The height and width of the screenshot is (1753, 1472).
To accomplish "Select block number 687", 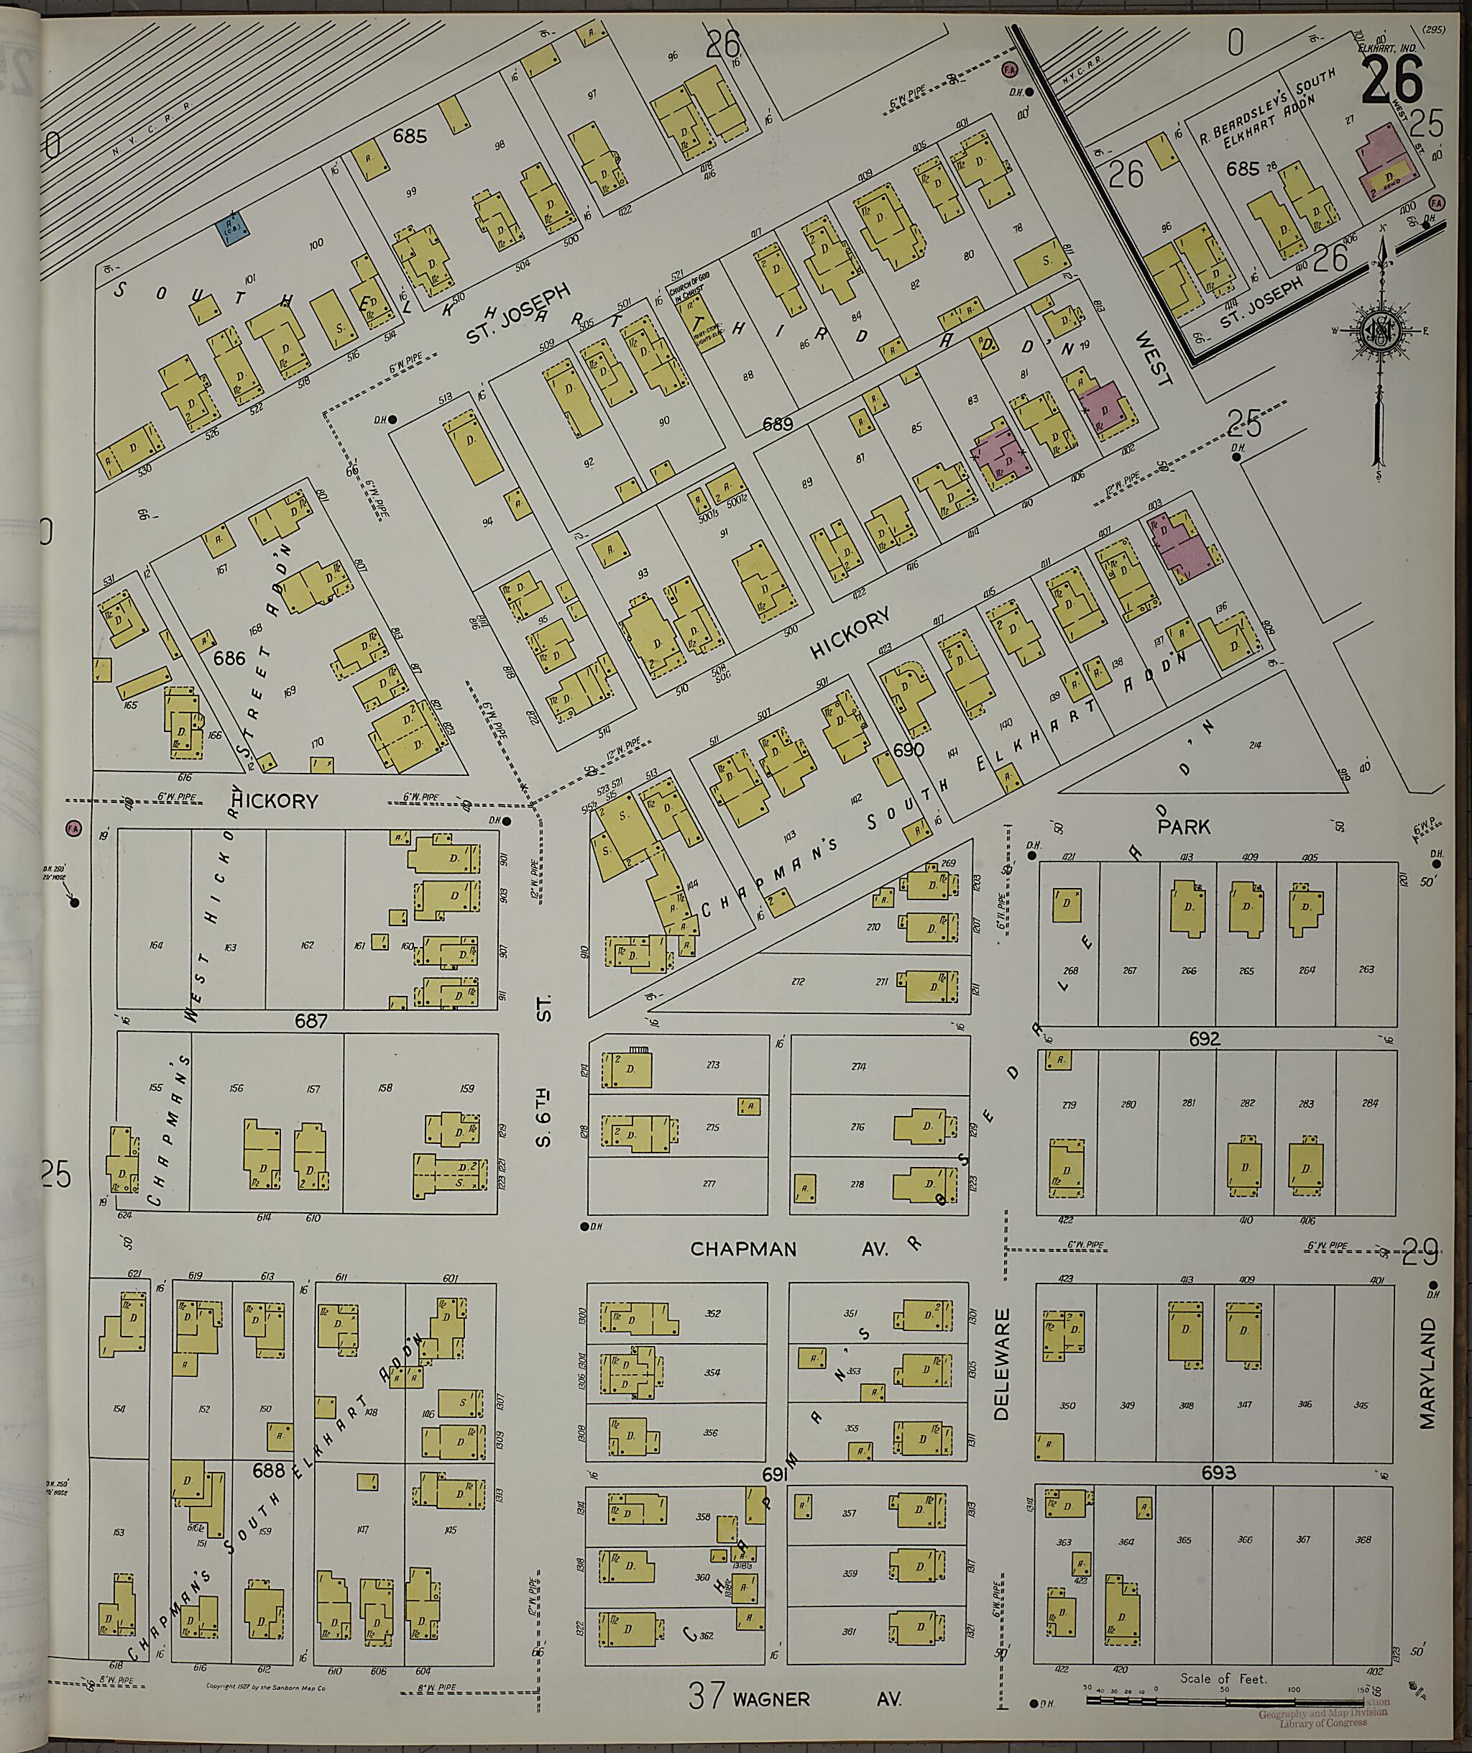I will [310, 1020].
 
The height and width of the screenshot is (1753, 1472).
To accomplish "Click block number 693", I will [1218, 1473].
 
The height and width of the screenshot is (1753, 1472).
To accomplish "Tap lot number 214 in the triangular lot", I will [1254, 746].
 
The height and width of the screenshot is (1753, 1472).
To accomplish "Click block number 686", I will [229, 658].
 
